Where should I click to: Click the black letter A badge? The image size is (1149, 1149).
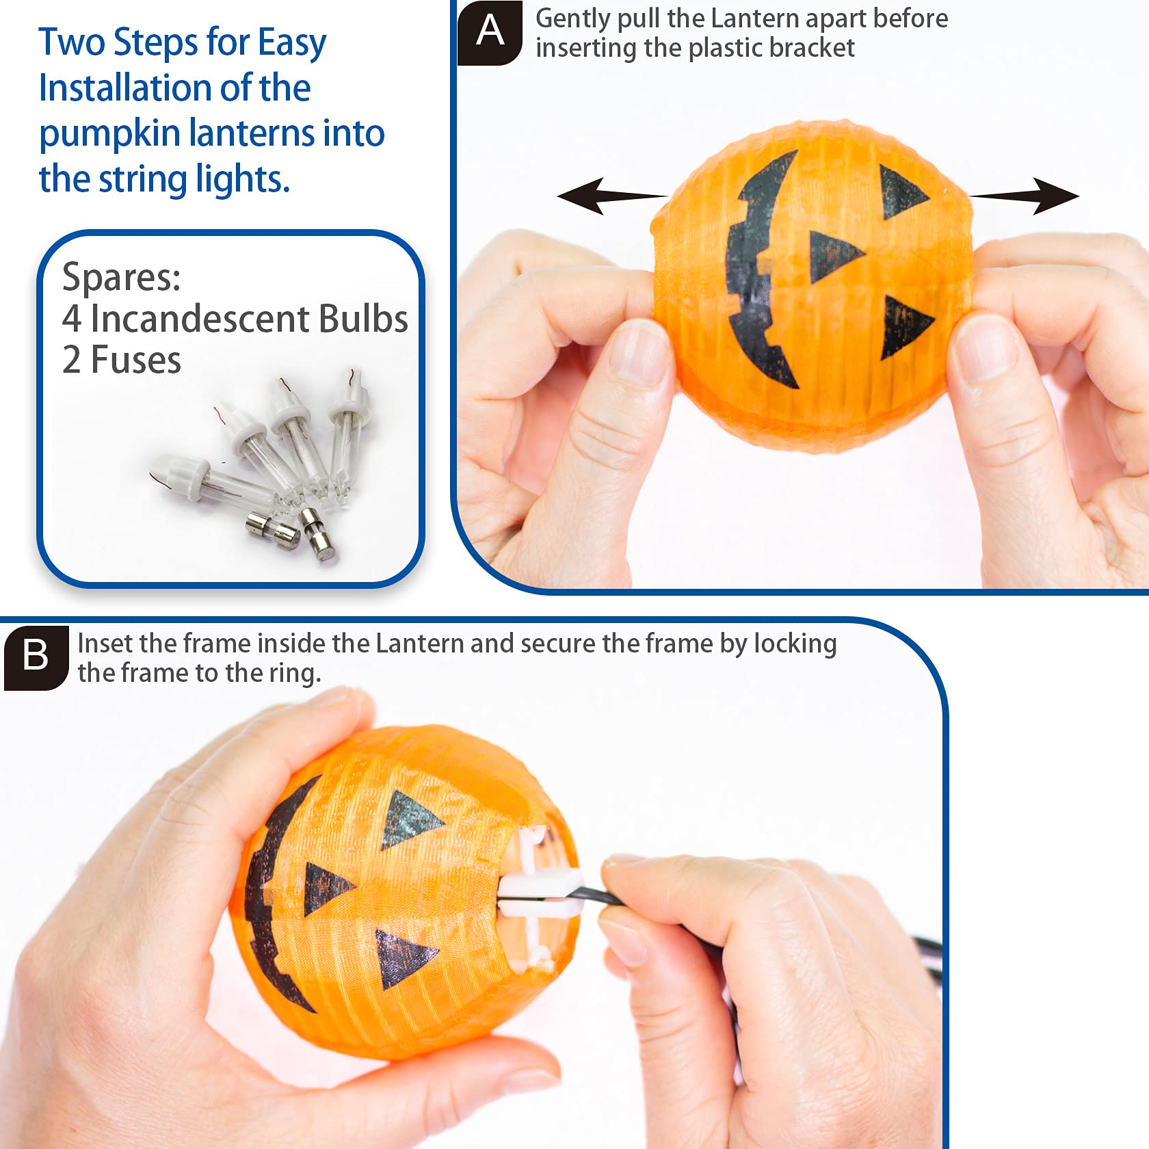point(490,31)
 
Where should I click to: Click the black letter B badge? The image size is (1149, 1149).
point(36,656)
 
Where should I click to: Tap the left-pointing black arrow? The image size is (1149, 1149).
point(609,196)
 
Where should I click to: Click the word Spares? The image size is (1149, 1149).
point(121,278)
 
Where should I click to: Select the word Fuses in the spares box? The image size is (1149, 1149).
point(135,360)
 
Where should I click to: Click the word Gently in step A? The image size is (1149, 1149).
point(572,19)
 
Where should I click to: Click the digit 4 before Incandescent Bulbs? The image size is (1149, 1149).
point(71,319)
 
